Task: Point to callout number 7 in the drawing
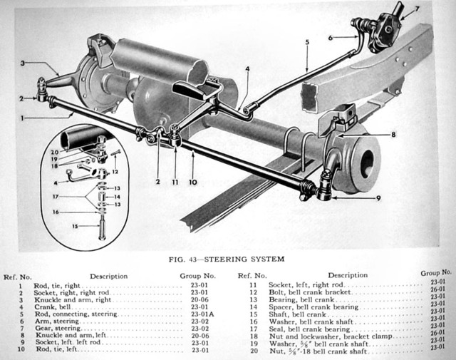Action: (x=418, y=9)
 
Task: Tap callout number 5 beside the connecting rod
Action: (x=306, y=42)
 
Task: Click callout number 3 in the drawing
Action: (x=24, y=63)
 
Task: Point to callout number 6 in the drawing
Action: (x=331, y=37)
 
